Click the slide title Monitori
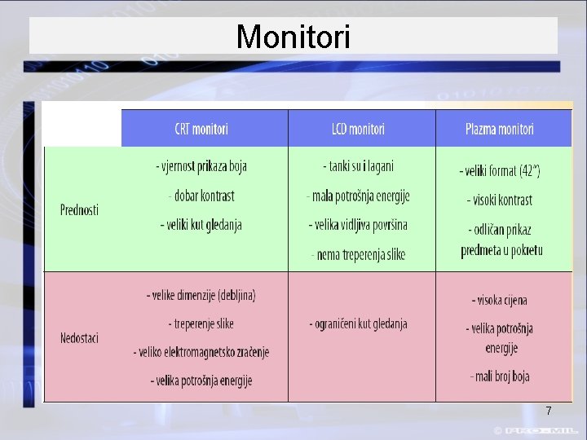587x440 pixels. pos(293,37)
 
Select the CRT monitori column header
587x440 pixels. pos(201,129)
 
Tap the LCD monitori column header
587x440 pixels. pos(358,129)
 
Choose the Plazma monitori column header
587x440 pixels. pos(500,129)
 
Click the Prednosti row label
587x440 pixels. pos(79,209)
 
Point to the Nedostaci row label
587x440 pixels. pos(79,337)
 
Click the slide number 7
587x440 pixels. pos(549,411)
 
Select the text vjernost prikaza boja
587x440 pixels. pos(201,166)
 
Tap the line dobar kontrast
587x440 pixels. pos(201,196)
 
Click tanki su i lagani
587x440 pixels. pos(358,166)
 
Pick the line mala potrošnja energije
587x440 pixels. pos(358,196)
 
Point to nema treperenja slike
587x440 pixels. pos(358,254)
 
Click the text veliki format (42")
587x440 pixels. pos(500,171)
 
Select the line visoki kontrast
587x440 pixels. pos(500,200)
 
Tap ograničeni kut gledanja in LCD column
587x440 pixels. pos(358,323)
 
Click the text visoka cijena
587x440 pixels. pos(500,300)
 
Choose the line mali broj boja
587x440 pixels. pos(500,376)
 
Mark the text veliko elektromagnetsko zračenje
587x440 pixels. pos(201,352)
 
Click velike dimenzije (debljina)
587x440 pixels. pos(201,295)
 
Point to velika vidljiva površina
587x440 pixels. pos(358,224)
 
